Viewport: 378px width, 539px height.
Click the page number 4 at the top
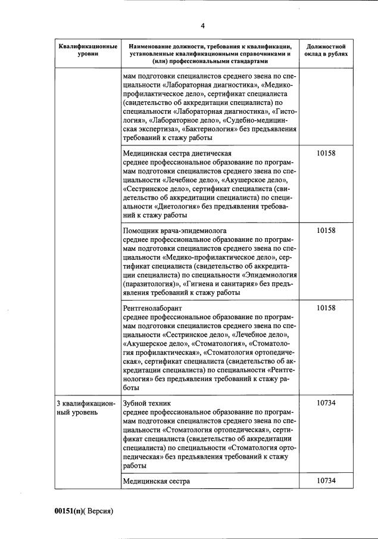[x=202, y=26]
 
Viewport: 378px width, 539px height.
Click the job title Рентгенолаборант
[x=152, y=308]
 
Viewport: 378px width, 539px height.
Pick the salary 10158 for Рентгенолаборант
[x=326, y=308]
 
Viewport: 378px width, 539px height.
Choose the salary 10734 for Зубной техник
[x=326, y=403]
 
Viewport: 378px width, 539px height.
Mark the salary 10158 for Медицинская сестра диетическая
[x=326, y=154]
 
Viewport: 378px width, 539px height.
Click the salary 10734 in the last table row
[x=326, y=480]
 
